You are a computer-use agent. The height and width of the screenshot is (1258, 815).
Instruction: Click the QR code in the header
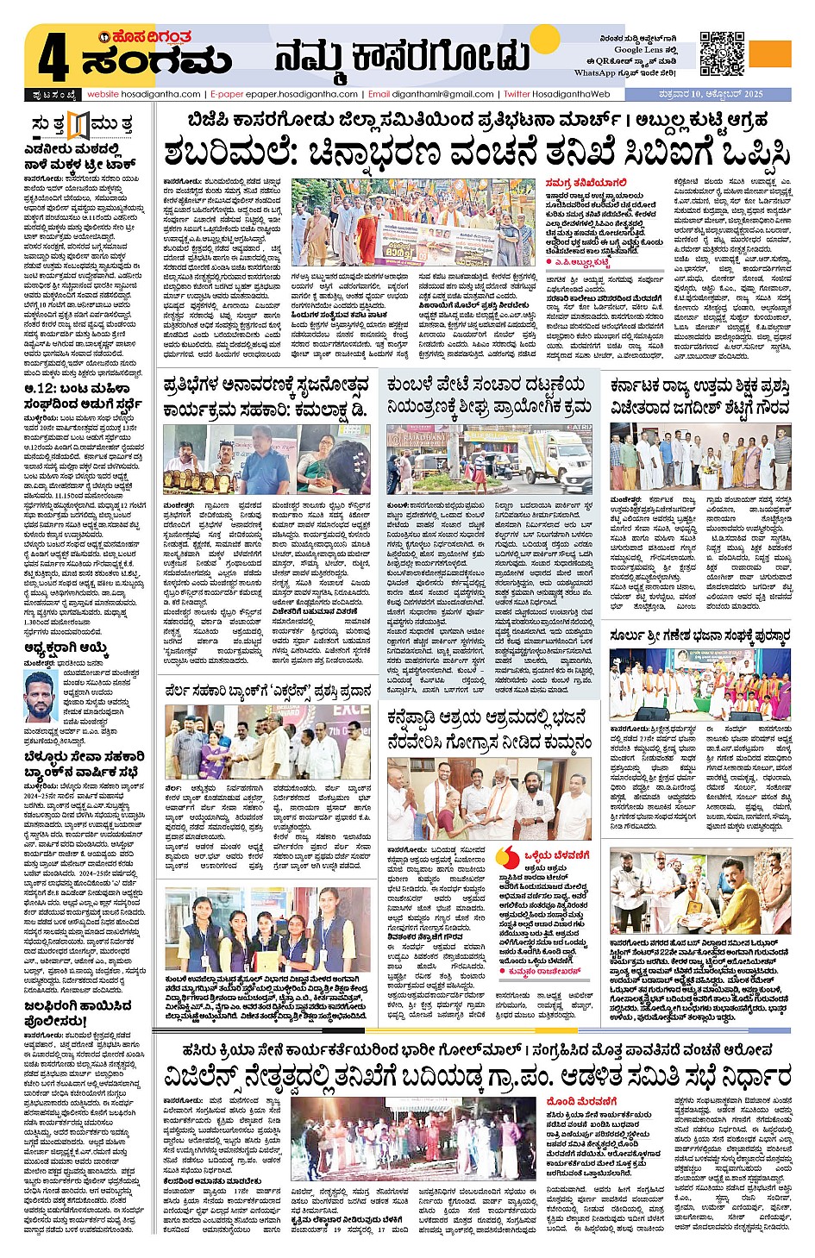[722, 53]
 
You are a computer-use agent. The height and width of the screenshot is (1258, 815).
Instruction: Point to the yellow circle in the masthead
[545, 40]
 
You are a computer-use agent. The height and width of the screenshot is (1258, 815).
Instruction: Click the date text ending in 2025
[706, 94]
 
